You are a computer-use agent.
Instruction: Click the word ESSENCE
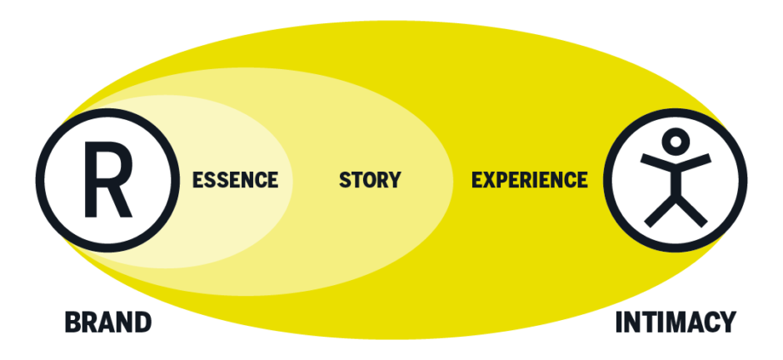click(235, 179)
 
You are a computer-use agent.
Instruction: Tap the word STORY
click(370, 179)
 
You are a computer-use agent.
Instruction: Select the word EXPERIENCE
click(530, 179)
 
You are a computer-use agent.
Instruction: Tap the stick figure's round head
click(676, 139)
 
